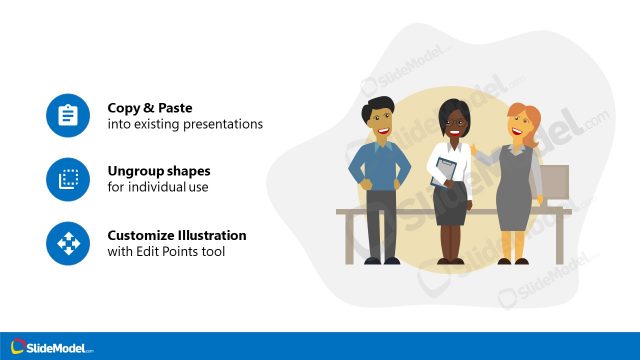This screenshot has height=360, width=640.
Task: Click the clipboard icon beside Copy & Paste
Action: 68,116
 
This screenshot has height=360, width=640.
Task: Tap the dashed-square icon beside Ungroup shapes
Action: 68,179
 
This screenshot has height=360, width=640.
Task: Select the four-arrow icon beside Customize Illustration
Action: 68,242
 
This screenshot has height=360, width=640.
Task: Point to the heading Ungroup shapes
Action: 159,171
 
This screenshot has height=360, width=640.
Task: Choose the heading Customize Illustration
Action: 177,235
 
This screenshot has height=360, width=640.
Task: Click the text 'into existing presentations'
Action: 185,125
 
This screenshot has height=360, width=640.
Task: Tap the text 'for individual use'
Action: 158,187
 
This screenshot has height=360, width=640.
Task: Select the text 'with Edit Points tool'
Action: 166,251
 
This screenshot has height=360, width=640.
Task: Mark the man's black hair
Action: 381,104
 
